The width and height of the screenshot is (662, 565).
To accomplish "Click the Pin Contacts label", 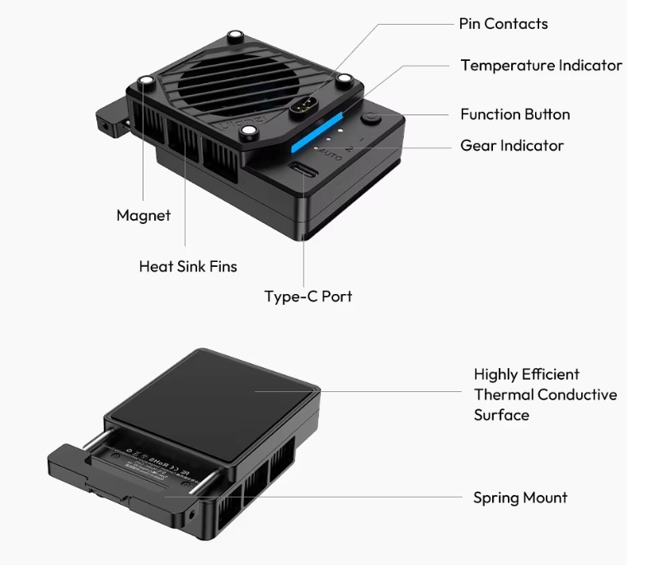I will (x=503, y=23).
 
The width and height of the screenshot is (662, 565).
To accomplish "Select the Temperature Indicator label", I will (x=541, y=65).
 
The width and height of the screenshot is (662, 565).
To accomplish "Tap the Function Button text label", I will (x=514, y=114).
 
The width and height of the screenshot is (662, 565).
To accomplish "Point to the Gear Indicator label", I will (x=512, y=146).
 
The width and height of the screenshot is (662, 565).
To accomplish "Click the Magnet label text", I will (x=143, y=216).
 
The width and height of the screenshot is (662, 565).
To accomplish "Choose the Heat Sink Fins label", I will (x=188, y=266).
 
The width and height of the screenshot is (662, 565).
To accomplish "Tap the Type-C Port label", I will (x=308, y=297).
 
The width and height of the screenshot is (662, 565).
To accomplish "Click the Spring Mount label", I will (x=520, y=497).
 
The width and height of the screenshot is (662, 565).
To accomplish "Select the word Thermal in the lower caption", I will (x=503, y=395).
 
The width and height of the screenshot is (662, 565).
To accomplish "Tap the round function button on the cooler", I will (x=373, y=119).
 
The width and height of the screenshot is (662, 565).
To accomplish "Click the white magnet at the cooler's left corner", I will (x=148, y=81).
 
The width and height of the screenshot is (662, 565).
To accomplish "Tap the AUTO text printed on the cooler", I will (x=329, y=153).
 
